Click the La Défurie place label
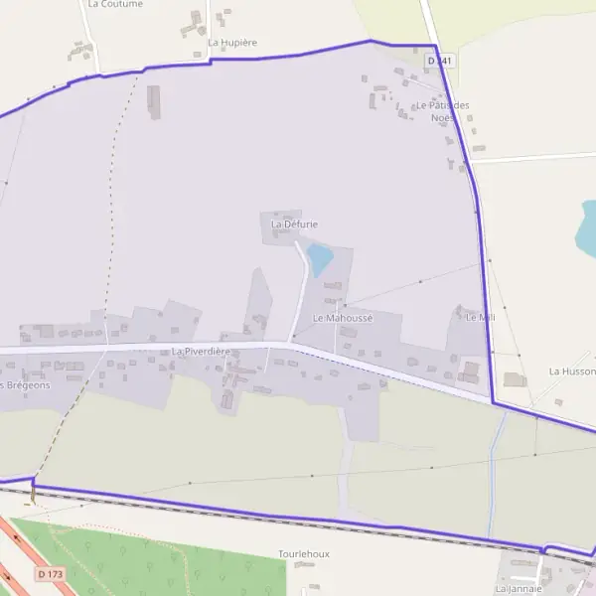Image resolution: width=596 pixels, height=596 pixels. coord(294,224)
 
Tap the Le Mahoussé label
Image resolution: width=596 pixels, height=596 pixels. coord(342,318)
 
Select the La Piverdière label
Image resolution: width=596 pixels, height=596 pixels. coord(201,352)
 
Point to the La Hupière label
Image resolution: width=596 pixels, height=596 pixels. coord(232,43)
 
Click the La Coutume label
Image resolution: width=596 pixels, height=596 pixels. coord(115,4)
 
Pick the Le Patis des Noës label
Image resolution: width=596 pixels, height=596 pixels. coord(443,111)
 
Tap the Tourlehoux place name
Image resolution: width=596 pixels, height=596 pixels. coord(304,553)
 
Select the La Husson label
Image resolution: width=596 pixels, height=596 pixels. coord(572,371)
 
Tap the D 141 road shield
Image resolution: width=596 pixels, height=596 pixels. coord(439,61)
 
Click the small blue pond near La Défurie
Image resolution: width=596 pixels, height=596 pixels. coord(319,259)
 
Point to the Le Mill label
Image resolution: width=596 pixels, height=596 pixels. coord(480,317)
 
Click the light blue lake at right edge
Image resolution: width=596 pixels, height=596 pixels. coord(588,228)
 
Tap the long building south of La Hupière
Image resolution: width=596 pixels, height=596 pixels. coord(154,101)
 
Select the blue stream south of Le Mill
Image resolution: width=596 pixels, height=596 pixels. coord(493,467)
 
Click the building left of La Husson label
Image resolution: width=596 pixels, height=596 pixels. coord(515,379)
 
